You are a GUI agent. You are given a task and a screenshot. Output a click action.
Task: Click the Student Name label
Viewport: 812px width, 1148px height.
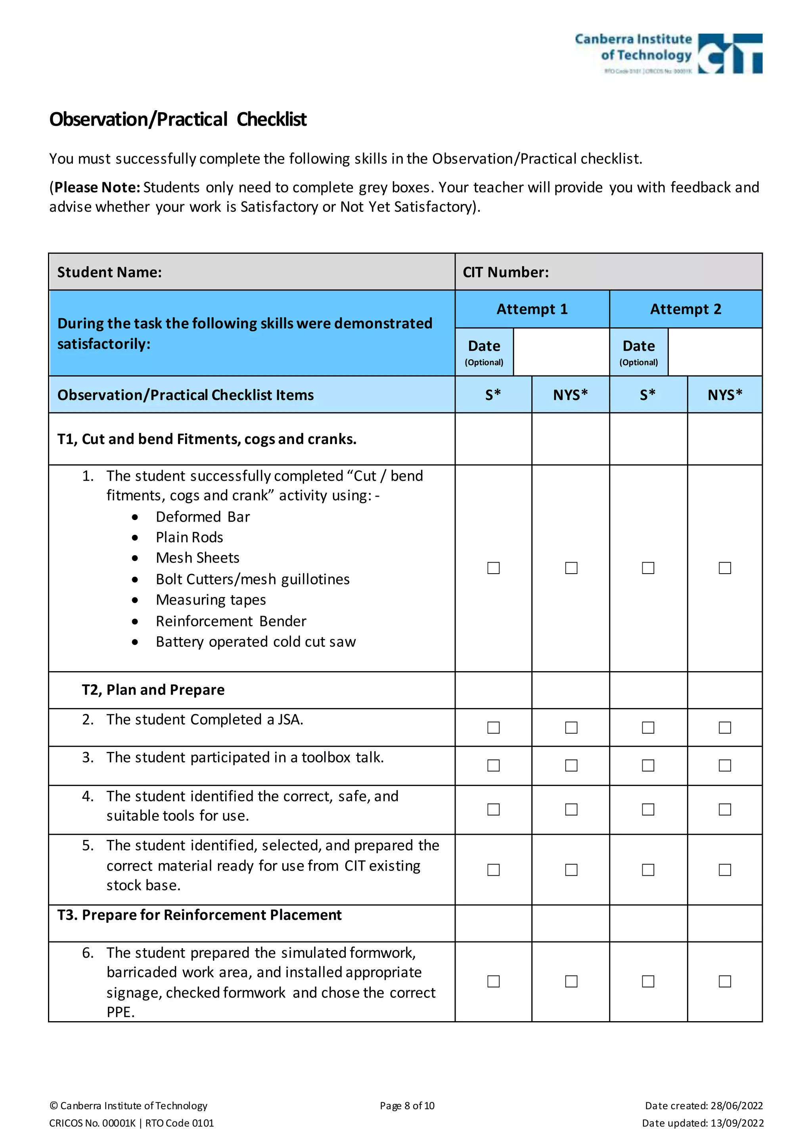(x=109, y=272)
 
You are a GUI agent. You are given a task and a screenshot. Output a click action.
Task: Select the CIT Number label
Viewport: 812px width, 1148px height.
(x=506, y=272)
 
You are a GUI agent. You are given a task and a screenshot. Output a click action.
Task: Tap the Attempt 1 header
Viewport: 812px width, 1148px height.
(x=532, y=309)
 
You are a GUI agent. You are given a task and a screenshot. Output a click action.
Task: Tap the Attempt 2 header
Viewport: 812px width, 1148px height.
(x=686, y=309)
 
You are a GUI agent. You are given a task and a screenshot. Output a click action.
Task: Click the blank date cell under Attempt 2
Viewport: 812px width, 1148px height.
(x=714, y=352)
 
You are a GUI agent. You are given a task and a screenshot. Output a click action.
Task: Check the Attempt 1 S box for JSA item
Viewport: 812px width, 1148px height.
(x=494, y=727)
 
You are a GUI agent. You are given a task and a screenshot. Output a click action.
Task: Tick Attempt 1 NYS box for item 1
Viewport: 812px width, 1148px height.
(x=571, y=568)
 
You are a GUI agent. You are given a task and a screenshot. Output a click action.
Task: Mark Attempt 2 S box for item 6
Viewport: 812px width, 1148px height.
(x=648, y=982)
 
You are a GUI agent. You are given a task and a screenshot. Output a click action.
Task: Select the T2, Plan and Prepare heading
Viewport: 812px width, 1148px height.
(x=153, y=690)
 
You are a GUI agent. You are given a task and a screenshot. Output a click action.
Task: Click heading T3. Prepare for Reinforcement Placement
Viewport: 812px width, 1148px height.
(x=199, y=915)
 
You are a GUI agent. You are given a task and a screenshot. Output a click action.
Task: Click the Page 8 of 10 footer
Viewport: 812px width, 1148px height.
(x=407, y=1106)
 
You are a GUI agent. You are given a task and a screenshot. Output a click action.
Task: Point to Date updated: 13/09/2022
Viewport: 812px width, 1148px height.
(x=703, y=1123)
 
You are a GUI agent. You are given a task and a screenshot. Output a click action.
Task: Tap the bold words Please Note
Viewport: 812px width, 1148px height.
(x=97, y=187)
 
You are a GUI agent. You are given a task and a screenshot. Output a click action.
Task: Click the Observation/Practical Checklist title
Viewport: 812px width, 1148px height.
(x=178, y=119)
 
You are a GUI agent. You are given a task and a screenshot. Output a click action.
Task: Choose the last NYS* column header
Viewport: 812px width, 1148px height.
(x=724, y=395)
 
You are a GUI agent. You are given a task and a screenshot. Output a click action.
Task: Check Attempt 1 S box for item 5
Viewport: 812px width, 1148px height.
(x=494, y=870)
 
